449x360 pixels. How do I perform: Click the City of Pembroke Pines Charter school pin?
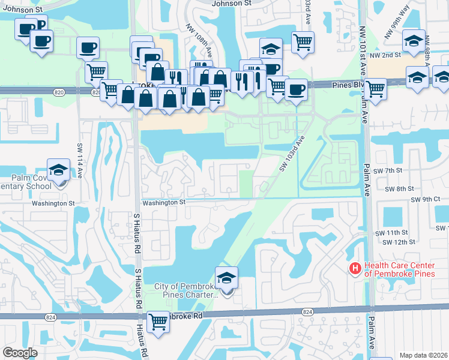point(226,278)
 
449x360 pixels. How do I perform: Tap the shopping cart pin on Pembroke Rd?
point(158,322)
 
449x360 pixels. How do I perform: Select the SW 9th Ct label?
point(426,199)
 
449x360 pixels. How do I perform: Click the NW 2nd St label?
point(385,55)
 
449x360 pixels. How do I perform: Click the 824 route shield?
point(308,311)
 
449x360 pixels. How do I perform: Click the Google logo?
point(20,353)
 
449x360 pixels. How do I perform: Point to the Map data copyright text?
point(423,355)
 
